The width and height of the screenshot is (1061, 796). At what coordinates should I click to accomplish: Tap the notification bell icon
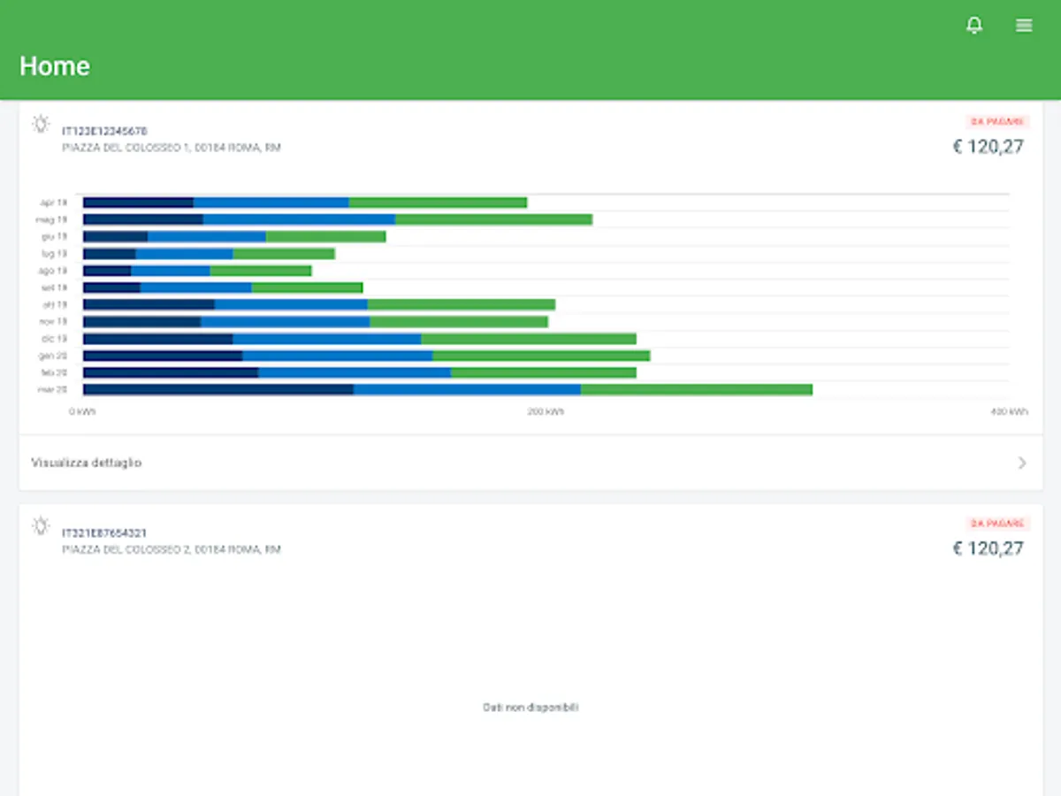click(x=973, y=26)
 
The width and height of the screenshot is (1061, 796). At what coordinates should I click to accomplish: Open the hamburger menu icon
click(x=1024, y=26)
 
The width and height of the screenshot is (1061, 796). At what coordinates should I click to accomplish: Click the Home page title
click(x=55, y=66)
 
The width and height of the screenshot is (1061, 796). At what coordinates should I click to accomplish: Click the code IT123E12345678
click(x=104, y=131)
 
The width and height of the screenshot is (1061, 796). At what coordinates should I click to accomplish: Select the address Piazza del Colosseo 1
click(x=172, y=148)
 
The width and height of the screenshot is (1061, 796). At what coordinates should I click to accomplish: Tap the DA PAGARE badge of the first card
click(x=997, y=121)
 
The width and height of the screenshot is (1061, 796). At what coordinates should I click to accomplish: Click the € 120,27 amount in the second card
click(x=988, y=548)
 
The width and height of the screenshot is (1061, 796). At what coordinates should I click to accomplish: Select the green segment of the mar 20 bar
click(x=696, y=389)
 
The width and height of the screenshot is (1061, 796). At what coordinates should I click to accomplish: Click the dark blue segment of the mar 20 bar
click(x=218, y=389)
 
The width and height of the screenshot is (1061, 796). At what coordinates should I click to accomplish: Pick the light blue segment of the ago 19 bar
click(x=171, y=271)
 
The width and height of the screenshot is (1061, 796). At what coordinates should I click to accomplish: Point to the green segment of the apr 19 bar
click(x=438, y=203)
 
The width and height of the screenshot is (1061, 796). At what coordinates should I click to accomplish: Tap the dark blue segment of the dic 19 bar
click(x=157, y=339)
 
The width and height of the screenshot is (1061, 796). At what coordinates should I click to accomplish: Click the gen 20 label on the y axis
click(x=52, y=356)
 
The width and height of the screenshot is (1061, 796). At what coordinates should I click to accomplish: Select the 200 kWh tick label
click(x=546, y=412)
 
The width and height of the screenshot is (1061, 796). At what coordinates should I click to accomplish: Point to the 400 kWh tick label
click(x=1009, y=412)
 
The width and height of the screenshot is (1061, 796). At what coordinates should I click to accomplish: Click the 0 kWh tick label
click(x=83, y=412)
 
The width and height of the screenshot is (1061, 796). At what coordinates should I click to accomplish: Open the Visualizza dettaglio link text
click(x=87, y=463)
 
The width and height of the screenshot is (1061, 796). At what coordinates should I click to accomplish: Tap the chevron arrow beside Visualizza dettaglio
click(x=1022, y=463)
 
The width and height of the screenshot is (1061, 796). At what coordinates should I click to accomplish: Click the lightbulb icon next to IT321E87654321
click(x=41, y=525)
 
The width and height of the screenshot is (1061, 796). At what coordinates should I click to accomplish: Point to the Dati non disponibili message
click(x=530, y=708)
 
